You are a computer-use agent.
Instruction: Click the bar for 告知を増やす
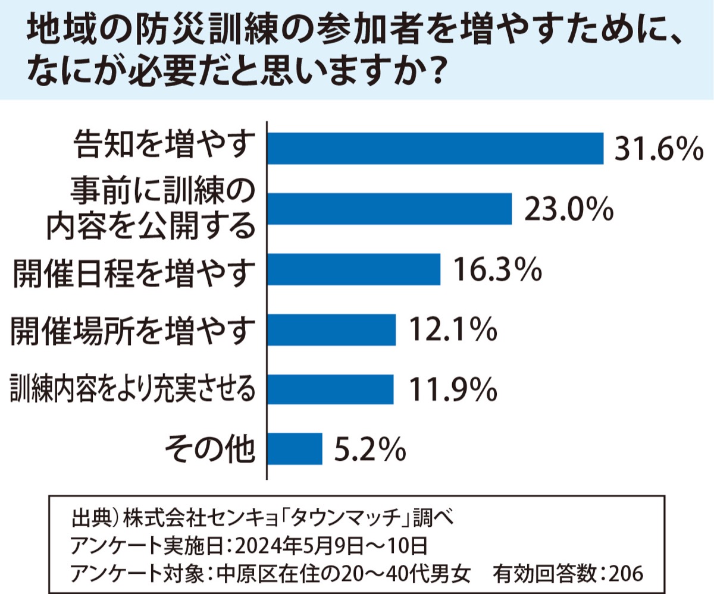435,148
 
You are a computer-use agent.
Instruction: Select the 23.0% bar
389,208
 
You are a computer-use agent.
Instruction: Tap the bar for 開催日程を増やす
353,269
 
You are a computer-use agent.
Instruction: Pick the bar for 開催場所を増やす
331,329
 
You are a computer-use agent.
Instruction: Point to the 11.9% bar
330,389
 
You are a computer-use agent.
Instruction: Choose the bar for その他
295,448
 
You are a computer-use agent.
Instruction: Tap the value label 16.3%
497,269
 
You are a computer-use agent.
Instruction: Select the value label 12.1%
452,330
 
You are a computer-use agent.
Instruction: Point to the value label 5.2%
369,450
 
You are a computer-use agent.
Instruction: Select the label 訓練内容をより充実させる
133,389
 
